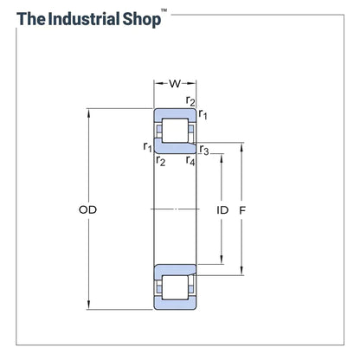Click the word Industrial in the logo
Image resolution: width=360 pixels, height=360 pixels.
(x=84, y=19)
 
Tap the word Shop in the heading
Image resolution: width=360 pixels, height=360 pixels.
(x=142, y=20)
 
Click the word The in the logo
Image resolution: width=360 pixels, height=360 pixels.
(x=31, y=19)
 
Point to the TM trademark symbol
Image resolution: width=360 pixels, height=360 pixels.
(x=164, y=10)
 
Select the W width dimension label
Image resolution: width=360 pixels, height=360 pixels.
(x=175, y=84)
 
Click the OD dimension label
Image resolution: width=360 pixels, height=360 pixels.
(x=87, y=209)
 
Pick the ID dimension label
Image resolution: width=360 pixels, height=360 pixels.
(x=222, y=210)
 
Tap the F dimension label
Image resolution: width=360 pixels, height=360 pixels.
(x=242, y=211)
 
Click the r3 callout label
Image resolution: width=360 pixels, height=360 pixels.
(x=204, y=150)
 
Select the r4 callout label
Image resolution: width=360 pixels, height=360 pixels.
(x=190, y=160)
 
